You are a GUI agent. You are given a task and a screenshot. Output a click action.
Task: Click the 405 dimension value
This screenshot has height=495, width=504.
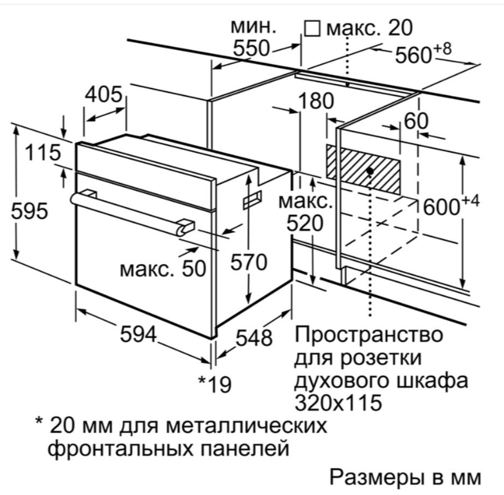(103, 94)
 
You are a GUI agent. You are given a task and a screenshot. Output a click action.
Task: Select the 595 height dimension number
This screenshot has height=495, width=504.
(30, 211)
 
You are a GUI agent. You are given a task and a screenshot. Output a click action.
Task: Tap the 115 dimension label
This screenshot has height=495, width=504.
(43, 152)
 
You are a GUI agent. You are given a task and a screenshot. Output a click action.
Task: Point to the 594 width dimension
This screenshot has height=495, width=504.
(138, 334)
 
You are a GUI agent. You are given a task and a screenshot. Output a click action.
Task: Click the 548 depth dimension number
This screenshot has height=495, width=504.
(254, 338)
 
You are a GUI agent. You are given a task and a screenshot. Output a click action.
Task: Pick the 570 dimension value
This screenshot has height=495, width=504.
(248, 262)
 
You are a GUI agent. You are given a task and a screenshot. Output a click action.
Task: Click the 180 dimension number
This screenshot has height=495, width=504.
(317, 101)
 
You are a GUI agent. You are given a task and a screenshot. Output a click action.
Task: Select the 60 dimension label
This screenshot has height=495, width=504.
(416, 121)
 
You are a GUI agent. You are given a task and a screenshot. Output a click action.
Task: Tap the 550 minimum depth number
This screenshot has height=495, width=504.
(251, 48)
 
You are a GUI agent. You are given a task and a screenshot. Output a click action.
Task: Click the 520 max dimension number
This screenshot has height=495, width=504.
(305, 223)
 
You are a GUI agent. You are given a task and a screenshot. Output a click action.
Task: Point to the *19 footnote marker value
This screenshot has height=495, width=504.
(214, 383)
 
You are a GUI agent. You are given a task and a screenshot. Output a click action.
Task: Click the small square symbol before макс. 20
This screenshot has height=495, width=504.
(313, 29)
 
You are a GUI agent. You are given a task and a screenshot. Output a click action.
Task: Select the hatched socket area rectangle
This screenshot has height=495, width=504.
(363, 169)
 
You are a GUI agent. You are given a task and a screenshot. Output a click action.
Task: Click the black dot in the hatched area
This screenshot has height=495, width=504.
(370, 171)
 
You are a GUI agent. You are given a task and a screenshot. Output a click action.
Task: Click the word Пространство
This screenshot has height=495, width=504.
(369, 335)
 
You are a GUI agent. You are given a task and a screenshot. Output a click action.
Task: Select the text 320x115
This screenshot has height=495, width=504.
(338, 403)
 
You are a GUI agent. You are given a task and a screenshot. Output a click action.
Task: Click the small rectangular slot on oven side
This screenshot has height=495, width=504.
(252, 199)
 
